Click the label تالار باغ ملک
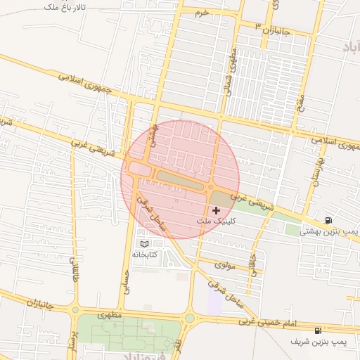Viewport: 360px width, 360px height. [x=64, y=7]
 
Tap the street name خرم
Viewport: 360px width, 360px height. [x=203, y=13]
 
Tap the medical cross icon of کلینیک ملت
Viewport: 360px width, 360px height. [x=215, y=210]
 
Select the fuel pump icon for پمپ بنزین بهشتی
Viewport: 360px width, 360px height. [x=328, y=220]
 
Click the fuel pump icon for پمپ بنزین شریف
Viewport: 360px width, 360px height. [x=319, y=330]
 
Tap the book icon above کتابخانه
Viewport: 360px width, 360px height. [x=145, y=243]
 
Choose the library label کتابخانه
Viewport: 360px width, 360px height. [x=145, y=254]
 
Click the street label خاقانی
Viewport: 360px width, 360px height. [x=253, y=263]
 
